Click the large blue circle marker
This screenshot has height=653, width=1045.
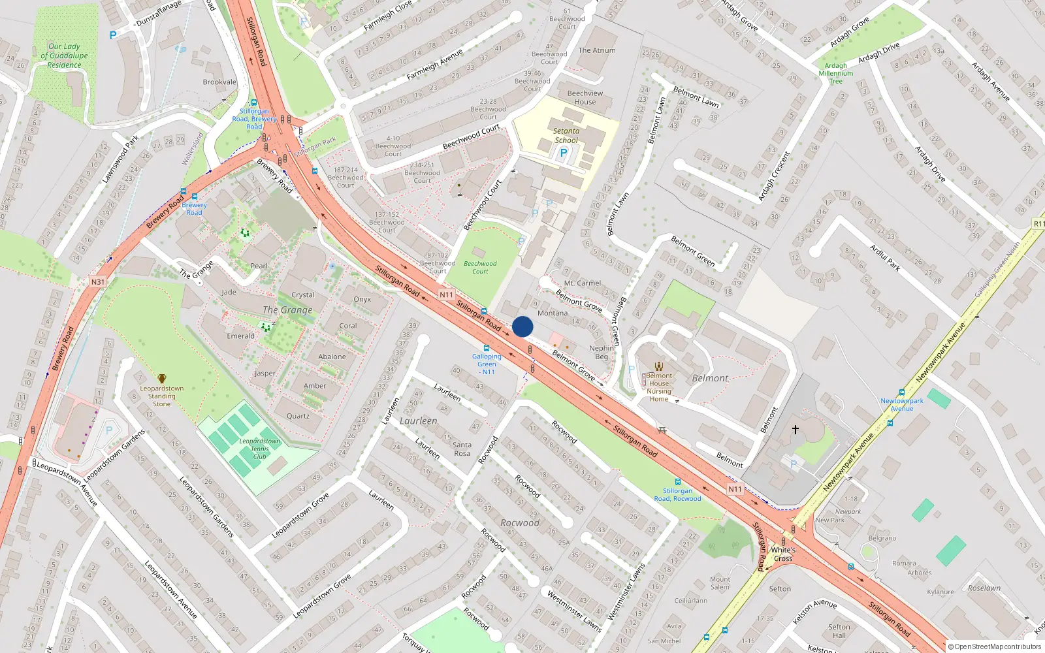point(522,326)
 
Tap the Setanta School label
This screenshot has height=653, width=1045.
point(566,136)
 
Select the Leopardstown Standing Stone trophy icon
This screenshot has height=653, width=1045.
point(161,378)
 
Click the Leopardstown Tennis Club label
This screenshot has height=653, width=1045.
point(259,449)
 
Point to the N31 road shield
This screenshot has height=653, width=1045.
point(97,282)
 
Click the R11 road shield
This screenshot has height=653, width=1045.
point(1038,224)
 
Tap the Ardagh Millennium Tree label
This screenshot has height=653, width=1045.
point(836,74)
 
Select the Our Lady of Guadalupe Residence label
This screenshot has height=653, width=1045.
point(64,56)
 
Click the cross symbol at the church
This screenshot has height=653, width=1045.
point(796,430)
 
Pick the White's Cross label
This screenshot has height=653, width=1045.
point(783,554)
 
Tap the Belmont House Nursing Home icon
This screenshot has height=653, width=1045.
point(659,366)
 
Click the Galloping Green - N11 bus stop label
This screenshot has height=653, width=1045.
point(487,364)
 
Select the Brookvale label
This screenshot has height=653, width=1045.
point(219,82)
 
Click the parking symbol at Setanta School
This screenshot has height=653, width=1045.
point(564,153)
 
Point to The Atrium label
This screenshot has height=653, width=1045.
point(596,50)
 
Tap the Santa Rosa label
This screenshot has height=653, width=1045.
point(462,449)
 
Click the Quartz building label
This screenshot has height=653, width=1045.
point(298,416)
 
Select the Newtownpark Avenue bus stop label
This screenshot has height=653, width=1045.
point(902,405)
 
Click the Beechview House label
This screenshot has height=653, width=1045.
point(585,97)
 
